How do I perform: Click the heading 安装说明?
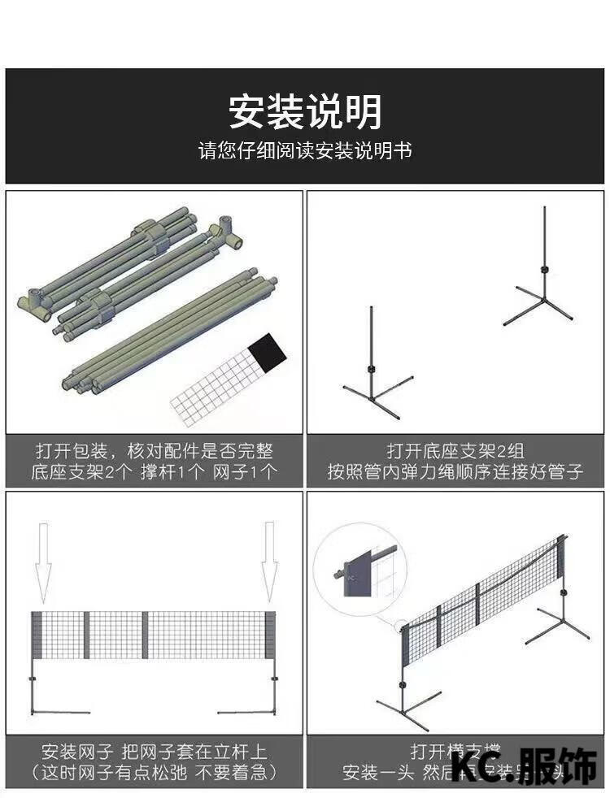305,111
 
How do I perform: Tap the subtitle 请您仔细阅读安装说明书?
305,151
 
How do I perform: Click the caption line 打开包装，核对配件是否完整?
154,451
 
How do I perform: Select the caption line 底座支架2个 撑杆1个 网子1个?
154,472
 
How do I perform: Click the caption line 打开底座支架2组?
455,451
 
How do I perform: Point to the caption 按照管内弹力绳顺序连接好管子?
455,472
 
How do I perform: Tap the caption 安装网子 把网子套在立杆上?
154,752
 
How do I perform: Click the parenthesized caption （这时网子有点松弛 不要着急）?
154,772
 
